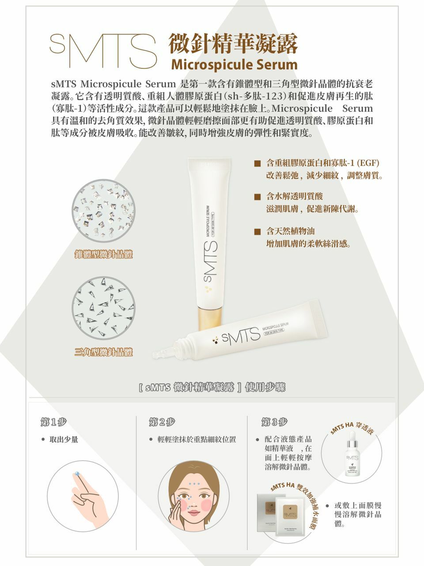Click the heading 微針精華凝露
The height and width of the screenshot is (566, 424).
234,44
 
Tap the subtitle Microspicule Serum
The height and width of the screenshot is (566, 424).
234,65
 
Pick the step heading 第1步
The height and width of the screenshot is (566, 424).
53,422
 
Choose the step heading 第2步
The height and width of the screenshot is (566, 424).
162,422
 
